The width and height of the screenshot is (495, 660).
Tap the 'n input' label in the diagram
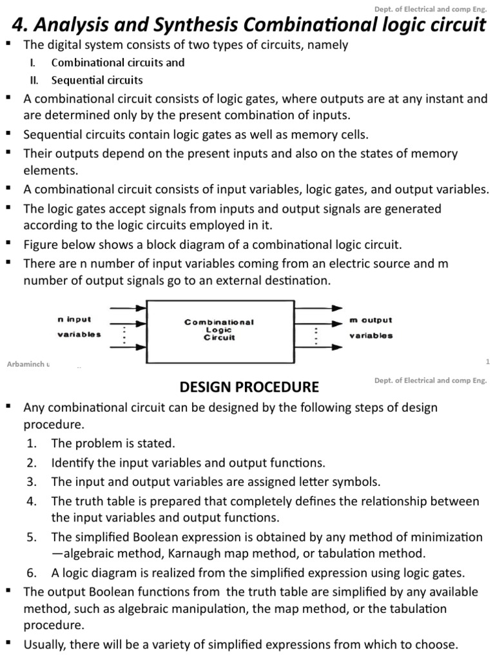coord(75,319)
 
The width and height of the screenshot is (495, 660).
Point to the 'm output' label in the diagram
coord(371,320)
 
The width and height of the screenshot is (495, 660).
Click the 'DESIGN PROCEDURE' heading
coord(249,387)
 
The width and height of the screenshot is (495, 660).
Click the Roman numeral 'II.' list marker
coord(35,81)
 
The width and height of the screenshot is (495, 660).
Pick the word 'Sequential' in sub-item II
coord(78,81)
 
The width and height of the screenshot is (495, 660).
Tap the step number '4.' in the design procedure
coord(32,501)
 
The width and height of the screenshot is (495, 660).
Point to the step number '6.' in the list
coord(32,573)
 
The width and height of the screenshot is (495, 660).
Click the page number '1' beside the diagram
coord(488,362)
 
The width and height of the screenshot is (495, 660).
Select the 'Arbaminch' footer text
coord(24,364)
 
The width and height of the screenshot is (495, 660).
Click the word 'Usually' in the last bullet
coord(44,644)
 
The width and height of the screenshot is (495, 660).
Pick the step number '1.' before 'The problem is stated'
coord(32,443)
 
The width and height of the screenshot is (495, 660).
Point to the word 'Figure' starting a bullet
coord(41,245)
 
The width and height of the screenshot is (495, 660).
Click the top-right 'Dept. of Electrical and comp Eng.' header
coord(430,8)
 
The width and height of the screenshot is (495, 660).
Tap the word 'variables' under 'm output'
coord(371,336)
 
